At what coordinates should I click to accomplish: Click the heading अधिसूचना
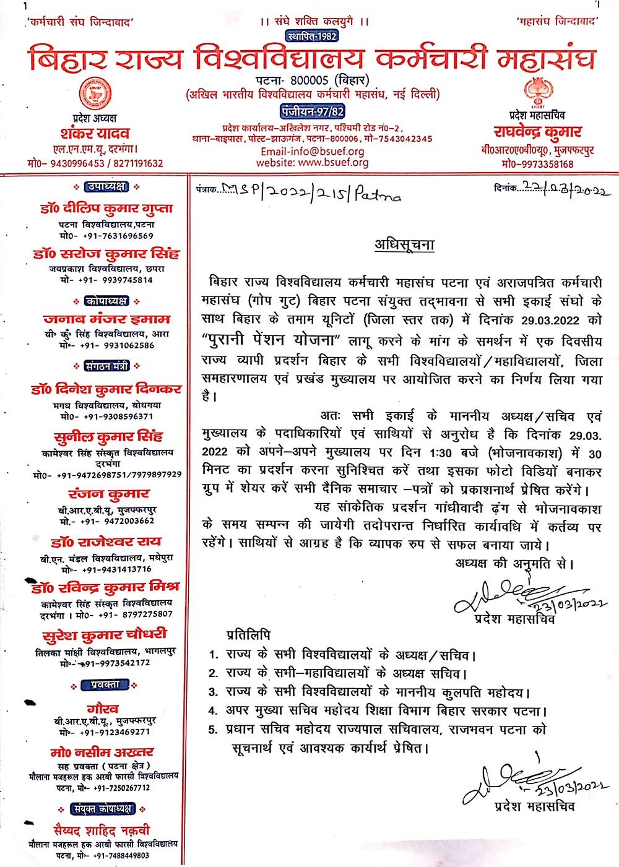coord(404,245)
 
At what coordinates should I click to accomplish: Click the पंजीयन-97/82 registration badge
coord(312,111)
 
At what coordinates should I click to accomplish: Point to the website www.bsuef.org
coord(313,163)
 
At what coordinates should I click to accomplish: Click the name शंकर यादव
coord(95,133)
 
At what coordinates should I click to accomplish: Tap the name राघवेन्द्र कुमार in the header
coord(537,132)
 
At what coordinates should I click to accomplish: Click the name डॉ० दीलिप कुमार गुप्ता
coord(103,209)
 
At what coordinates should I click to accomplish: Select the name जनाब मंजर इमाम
coord(106,320)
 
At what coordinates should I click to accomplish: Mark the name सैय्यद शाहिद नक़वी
coord(102,830)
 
